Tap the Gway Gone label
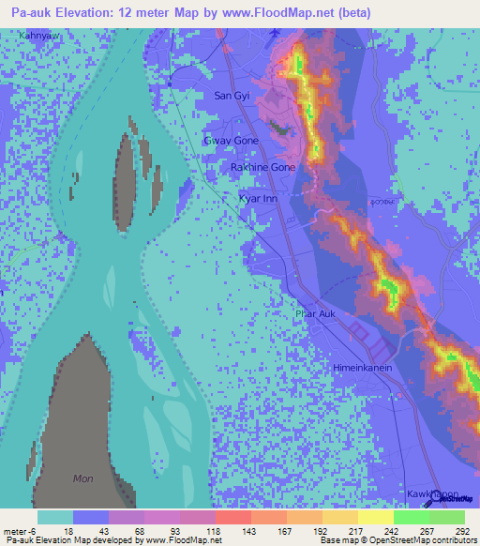231,140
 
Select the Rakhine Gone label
263,167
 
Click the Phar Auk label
315,314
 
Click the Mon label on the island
83,478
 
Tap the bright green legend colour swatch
412,517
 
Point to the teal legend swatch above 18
55,517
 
